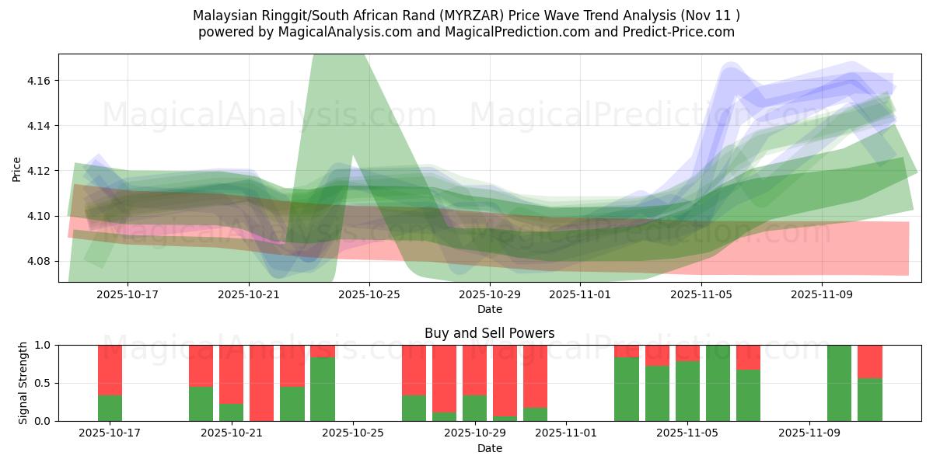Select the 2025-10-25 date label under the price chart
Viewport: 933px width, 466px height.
click(369, 295)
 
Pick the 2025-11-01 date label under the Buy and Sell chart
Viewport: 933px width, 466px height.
click(565, 433)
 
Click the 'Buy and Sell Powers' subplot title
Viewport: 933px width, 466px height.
click(489, 333)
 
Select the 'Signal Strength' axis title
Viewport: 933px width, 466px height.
click(23, 382)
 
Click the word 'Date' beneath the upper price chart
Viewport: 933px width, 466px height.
click(489, 309)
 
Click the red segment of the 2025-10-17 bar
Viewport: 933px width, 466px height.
click(110, 370)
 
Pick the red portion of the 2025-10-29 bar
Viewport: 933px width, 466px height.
click(474, 370)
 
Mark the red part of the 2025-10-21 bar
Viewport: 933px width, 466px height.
click(231, 374)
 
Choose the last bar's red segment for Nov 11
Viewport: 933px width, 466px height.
click(870, 361)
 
